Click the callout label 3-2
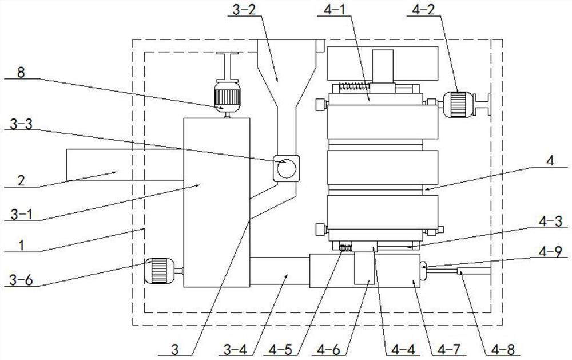click(x=244, y=10)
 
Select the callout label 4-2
click(x=423, y=10)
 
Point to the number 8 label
click(x=21, y=73)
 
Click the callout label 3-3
click(x=21, y=125)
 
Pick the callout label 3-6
click(x=21, y=280)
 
